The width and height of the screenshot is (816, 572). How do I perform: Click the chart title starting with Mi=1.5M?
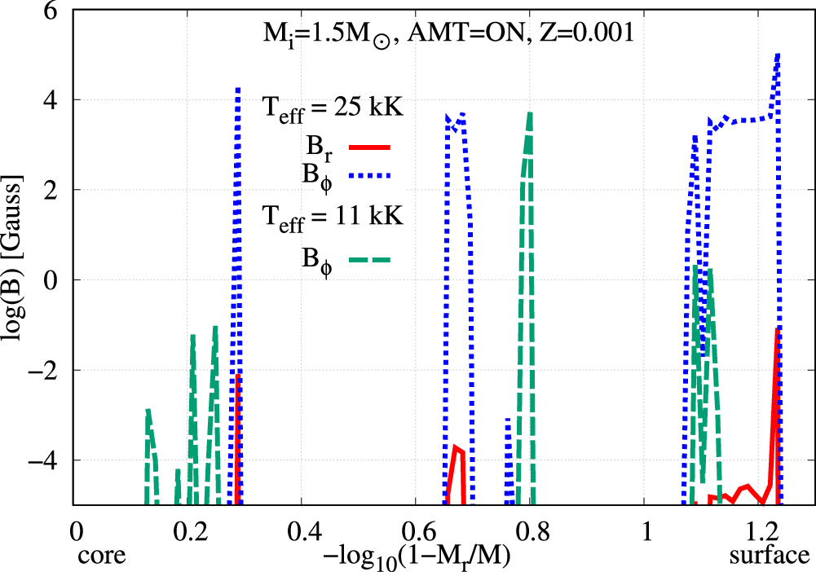(x=448, y=34)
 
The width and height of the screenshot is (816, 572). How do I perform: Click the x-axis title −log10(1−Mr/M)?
(x=417, y=557)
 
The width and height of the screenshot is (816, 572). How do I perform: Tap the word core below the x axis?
(x=101, y=556)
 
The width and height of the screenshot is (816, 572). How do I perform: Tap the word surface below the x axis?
(x=770, y=555)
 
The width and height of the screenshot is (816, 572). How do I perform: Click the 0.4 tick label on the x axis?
(x=302, y=531)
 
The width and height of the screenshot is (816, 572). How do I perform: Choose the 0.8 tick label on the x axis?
(x=530, y=531)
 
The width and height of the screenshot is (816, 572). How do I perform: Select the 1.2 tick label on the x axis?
(x=758, y=531)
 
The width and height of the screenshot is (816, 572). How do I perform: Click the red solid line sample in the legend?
(x=369, y=147)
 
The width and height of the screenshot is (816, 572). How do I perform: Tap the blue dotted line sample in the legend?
(x=369, y=176)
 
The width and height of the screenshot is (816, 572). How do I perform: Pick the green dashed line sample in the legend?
(x=369, y=260)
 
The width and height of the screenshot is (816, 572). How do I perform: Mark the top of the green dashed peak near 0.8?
(x=529, y=112)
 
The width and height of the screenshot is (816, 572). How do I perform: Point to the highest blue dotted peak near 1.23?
(x=778, y=54)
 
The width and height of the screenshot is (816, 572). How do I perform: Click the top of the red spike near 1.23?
(x=778, y=329)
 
